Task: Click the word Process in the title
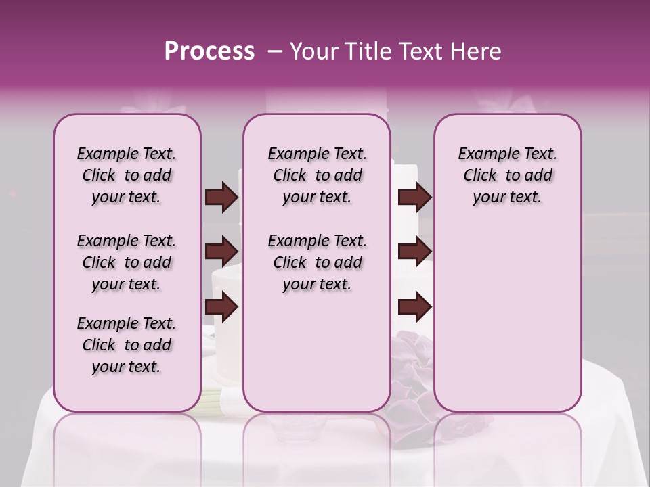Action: click(x=209, y=51)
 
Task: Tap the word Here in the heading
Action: click(x=475, y=51)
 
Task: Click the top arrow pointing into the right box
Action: click(x=414, y=198)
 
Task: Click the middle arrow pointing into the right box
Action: click(x=414, y=252)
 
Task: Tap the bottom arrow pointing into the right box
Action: click(x=414, y=307)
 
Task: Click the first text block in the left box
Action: click(x=127, y=175)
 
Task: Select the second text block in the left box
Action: click(x=127, y=262)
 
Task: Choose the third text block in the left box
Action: click(x=127, y=345)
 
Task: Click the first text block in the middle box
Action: click(x=317, y=175)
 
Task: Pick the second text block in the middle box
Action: click(x=317, y=262)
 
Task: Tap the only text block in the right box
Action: click(x=507, y=175)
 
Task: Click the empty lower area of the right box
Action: click(x=507, y=318)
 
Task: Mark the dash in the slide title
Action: click(x=275, y=51)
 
